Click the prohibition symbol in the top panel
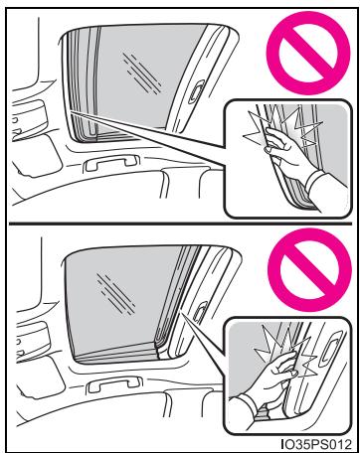point(308,53)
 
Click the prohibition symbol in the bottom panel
point(309,269)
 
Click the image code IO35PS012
point(315,443)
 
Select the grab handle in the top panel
point(111,163)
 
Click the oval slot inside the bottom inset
point(328,353)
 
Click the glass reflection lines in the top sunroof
point(142,73)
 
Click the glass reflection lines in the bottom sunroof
point(116,293)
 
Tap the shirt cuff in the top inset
point(314,181)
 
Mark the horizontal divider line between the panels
point(180,224)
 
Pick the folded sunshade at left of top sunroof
point(83,86)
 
